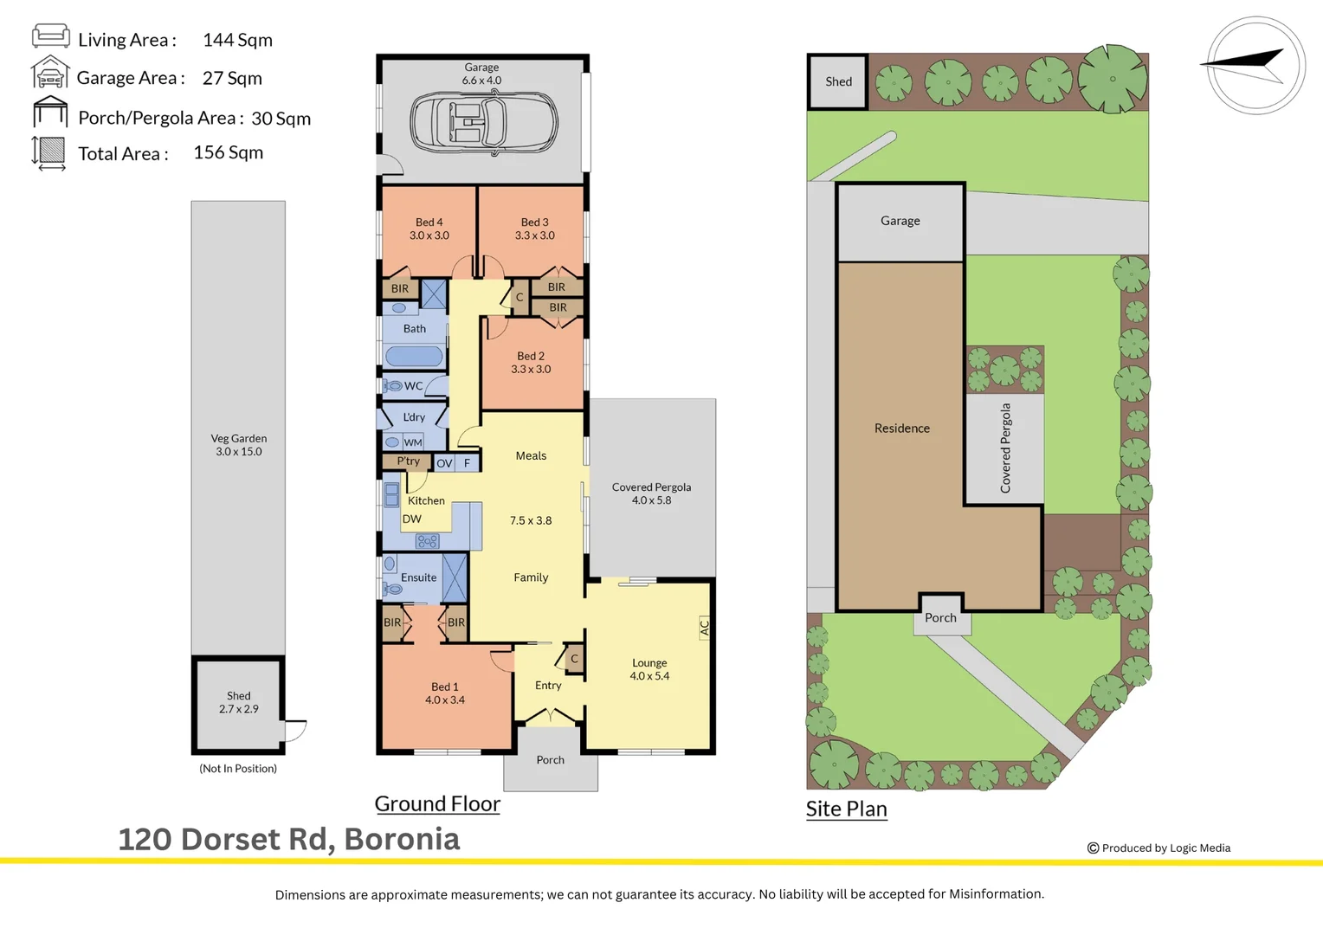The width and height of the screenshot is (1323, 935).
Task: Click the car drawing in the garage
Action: (x=483, y=123)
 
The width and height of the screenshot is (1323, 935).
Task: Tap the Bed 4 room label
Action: (x=429, y=229)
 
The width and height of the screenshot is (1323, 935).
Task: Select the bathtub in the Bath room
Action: (x=414, y=356)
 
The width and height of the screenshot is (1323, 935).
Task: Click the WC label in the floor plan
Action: (x=413, y=386)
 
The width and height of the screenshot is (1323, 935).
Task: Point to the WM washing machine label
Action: (x=413, y=442)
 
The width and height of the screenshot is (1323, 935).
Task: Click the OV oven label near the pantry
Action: (x=444, y=463)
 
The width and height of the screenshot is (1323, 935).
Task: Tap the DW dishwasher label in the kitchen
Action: (x=411, y=519)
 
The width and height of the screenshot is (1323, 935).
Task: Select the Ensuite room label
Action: (x=418, y=577)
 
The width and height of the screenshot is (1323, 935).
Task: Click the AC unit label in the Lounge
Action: (x=704, y=628)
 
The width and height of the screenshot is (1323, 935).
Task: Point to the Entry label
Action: (x=548, y=685)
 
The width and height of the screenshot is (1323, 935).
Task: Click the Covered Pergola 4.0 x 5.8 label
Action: (x=651, y=493)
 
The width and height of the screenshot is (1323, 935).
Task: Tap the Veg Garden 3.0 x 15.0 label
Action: (x=238, y=445)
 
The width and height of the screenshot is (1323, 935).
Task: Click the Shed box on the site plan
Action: (x=837, y=81)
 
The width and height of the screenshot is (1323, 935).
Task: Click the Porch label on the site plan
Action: (x=940, y=617)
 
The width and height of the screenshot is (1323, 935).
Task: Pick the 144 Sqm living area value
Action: (x=237, y=40)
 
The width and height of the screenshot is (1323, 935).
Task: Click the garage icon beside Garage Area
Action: (x=50, y=73)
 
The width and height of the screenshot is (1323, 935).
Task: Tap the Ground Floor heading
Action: (x=437, y=803)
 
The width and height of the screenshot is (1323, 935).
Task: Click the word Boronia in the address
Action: (x=402, y=839)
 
